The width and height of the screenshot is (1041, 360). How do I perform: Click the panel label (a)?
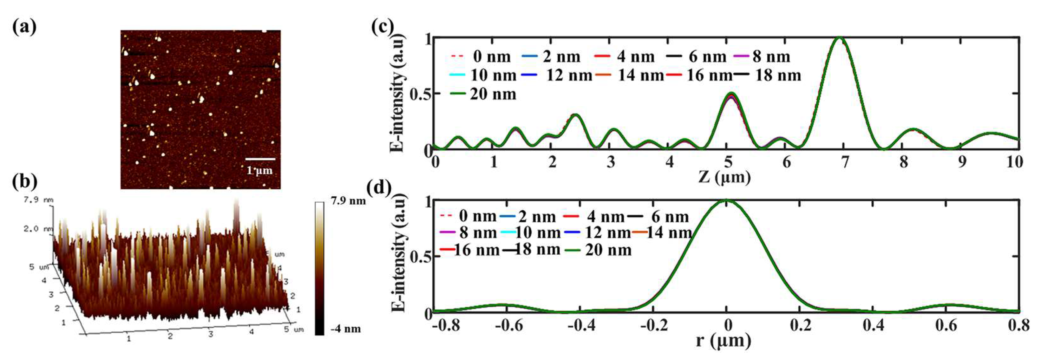[x=24, y=27]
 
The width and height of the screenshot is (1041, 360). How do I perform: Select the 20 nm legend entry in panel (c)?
[x=492, y=95]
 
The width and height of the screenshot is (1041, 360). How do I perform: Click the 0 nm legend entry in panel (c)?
[x=491, y=57]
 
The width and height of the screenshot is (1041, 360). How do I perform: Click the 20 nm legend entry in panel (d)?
[x=607, y=250]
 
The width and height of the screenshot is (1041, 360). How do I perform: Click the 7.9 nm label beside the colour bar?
[x=348, y=201]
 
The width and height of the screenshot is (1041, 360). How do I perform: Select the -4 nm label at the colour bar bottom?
[x=345, y=329]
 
